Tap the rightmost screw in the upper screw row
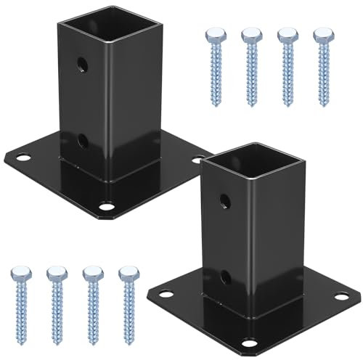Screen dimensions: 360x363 coord(320,66)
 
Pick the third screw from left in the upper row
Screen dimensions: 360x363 coord(286,66)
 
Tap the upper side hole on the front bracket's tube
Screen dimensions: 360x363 coord(223,199)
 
